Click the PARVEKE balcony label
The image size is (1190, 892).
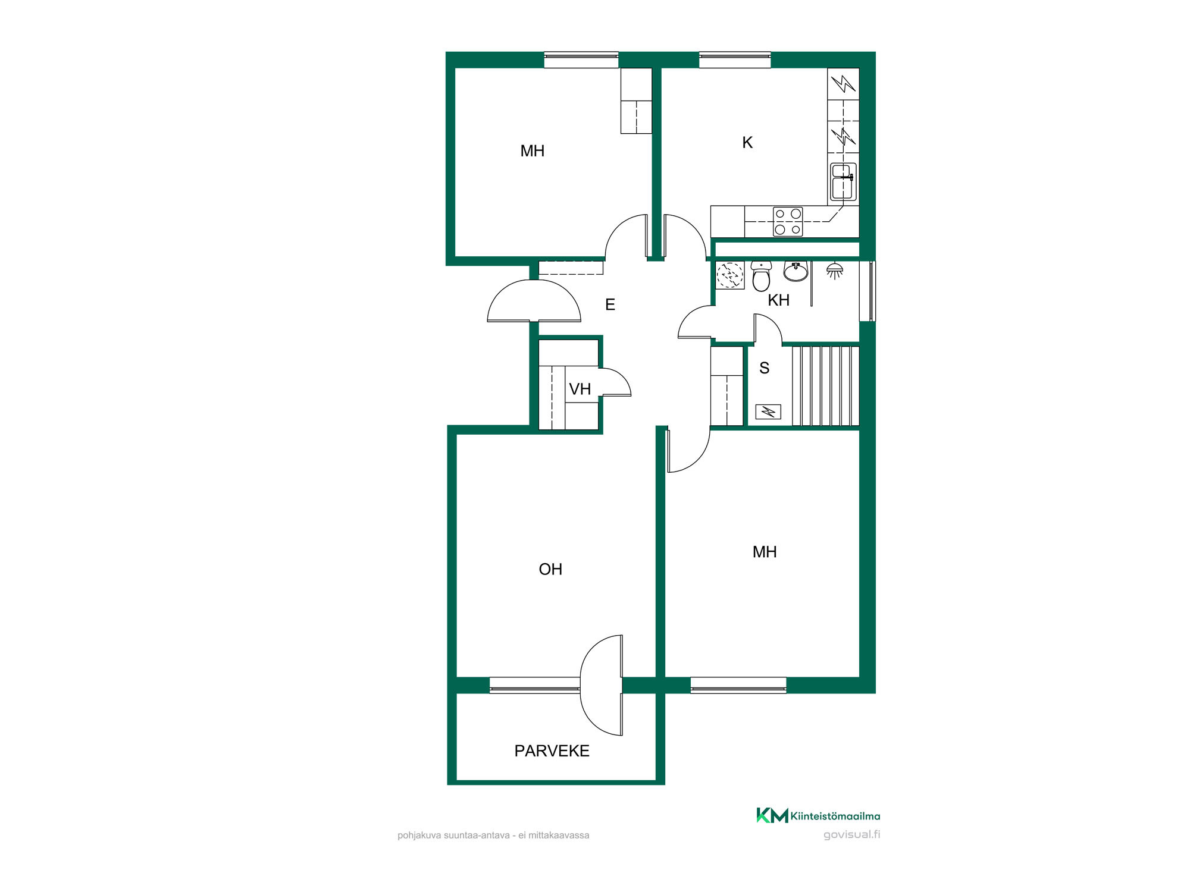pos(552,751)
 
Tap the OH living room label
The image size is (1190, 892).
pos(550,570)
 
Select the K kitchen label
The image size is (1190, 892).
pos(747,143)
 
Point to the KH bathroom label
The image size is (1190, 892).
pos(778,300)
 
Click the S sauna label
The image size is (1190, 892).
pos(765,368)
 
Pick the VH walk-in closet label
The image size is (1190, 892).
pos(580,390)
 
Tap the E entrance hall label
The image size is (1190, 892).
pos(610,305)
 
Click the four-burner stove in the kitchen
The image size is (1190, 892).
pos(788,222)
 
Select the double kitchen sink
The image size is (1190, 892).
pos(843,181)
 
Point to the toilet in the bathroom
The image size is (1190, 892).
pos(761,276)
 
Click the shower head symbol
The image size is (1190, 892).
pos(835,270)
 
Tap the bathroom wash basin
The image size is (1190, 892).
pos(796,271)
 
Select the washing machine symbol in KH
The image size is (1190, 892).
pos(730,275)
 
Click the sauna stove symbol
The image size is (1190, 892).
pos(768,412)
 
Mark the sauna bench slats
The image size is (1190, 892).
pos(825,386)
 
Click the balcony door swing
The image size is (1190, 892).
pos(602,685)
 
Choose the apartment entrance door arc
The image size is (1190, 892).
pos(534,301)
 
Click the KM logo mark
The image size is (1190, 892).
pos(772,815)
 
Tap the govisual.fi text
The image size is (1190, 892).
pos(851,834)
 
